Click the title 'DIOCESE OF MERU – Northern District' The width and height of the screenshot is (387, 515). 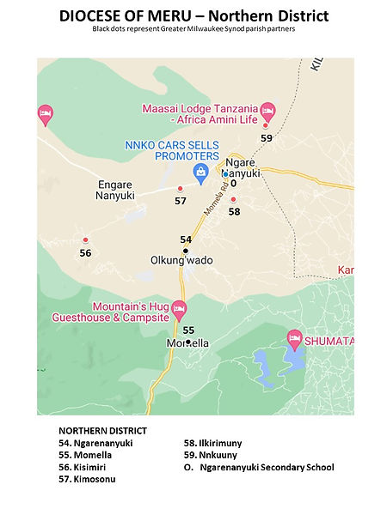(x=193, y=15)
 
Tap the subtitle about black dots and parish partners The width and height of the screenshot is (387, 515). (x=193, y=29)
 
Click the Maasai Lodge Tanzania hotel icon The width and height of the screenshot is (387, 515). (x=267, y=110)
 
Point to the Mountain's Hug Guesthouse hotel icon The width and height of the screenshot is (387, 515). (x=178, y=307)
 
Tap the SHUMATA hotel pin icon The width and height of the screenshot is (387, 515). (x=294, y=339)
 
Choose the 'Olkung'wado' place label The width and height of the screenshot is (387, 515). (x=181, y=260)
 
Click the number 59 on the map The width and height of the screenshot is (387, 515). (x=267, y=137)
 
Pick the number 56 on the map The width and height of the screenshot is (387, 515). (x=85, y=253)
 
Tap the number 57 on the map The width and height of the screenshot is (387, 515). (x=180, y=201)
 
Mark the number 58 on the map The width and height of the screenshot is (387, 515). (x=234, y=211)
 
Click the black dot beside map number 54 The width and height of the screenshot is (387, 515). (x=185, y=251)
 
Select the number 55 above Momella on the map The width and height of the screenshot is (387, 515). (x=188, y=330)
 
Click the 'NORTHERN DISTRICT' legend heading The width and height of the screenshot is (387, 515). (x=102, y=430)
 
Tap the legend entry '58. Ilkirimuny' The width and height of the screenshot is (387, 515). (x=214, y=443)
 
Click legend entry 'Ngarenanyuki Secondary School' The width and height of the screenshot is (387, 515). (x=266, y=467)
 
